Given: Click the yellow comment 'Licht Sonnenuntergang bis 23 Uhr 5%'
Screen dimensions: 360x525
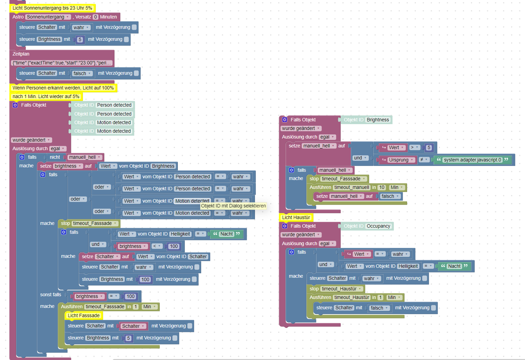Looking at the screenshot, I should click(x=52, y=8).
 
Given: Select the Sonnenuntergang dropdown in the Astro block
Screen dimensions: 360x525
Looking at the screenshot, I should click(x=48, y=17).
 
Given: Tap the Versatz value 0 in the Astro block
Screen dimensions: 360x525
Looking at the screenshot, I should click(x=96, y=17).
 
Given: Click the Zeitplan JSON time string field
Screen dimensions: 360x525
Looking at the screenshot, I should click(x=62, y=63).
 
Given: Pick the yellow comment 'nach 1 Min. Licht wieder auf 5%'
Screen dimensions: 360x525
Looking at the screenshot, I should click(x=46, y=96).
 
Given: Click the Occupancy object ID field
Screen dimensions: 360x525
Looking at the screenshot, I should click(x=378, y=226).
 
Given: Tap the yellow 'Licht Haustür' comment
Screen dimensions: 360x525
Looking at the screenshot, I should click(x=296, y=217).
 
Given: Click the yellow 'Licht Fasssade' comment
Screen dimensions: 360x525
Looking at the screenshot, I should click(x=84, y=315).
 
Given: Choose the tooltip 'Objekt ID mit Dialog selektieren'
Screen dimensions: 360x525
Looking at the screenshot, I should click(x=233, y=206).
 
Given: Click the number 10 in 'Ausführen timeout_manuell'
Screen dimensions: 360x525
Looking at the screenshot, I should click(x=382, y=187).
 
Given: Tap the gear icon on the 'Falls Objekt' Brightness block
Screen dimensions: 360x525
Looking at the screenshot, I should click(x=284, y=120).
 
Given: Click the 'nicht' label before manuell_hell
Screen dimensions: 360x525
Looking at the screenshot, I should click(x=55, y=157).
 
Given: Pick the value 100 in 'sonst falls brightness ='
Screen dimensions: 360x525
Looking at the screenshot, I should click(x=131, y=296).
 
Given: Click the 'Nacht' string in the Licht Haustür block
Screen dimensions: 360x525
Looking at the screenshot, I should click(x=454, y=266).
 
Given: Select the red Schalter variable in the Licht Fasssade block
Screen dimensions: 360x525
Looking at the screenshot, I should click(x=133, y=326).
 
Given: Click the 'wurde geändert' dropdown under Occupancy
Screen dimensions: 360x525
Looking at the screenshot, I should click(x=301, y=235).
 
